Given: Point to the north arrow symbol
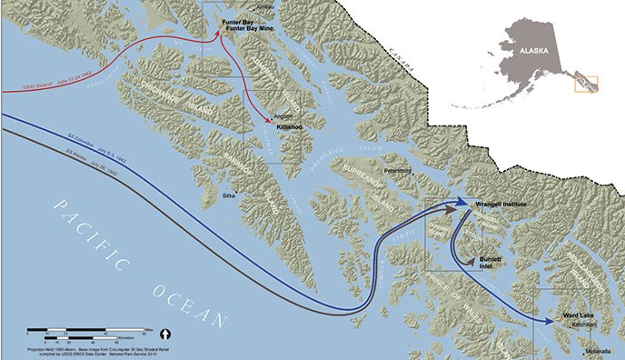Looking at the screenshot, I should click(166, 332).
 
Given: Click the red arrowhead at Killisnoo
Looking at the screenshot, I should click(267, 120).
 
